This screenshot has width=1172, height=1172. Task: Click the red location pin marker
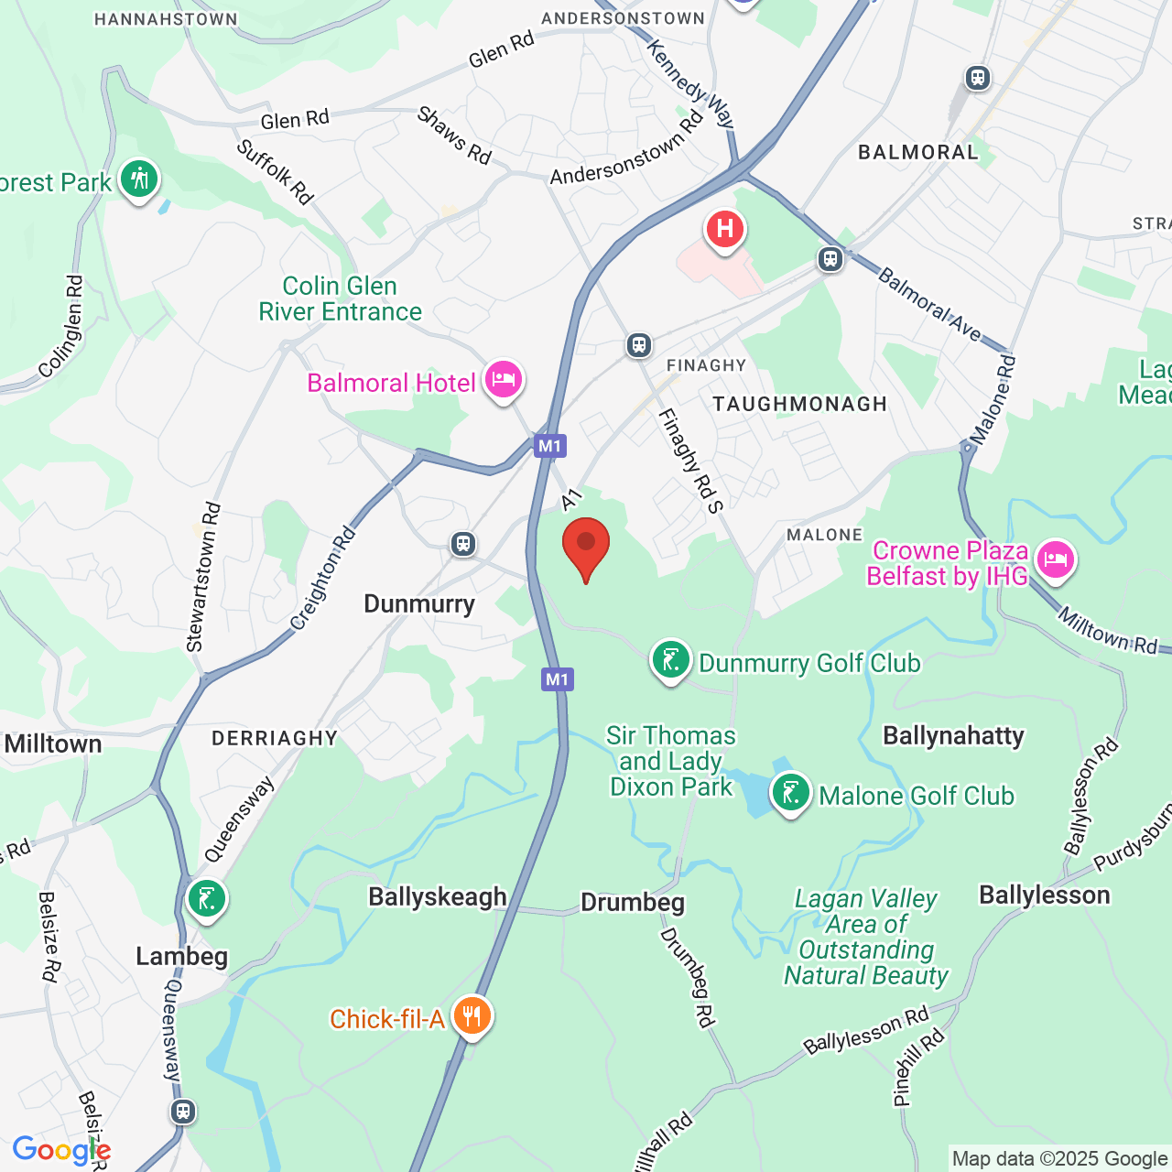pyautogui.click(x=586, y=545)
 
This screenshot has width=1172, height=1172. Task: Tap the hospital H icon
pyautogui.click(x=724, y=228)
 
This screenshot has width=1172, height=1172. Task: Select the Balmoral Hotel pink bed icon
pyautogui.click(x=503, y=380)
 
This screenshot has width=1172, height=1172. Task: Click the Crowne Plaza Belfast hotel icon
pyautogui.click(x=1055, y=559)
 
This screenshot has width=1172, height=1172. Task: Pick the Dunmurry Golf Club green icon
pyautogui.click(x=670, y=660)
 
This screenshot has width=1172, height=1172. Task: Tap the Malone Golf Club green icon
pyautogui.click(x=790, y=794)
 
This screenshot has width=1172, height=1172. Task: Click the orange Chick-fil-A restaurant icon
pyautogui.click(x=472, y=1016)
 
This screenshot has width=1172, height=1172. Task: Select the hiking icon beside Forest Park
pyautogui.click(x=139, y=179)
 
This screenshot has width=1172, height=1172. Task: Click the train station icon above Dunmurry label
pyautogui.click(x=463, y=544)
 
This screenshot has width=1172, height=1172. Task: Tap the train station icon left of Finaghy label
pyautogui.click(x=639, y=345)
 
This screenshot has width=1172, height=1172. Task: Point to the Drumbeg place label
pyautogui.click(x=633, y=903)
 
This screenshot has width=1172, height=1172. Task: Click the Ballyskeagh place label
pyautogui.click(x=438, y=896)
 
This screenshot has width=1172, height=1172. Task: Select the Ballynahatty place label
pyautogui.click(x=953, y=736)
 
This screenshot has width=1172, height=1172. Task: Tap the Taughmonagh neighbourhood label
pyautogui.click(x=799, y=404)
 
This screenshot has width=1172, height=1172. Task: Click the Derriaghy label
pyautogui.click(x=275, y=738)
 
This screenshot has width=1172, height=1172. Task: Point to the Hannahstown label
pyautogui.click(x=166, y=19)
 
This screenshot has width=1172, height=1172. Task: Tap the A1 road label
pyautogui.click(x=571, y=499)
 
